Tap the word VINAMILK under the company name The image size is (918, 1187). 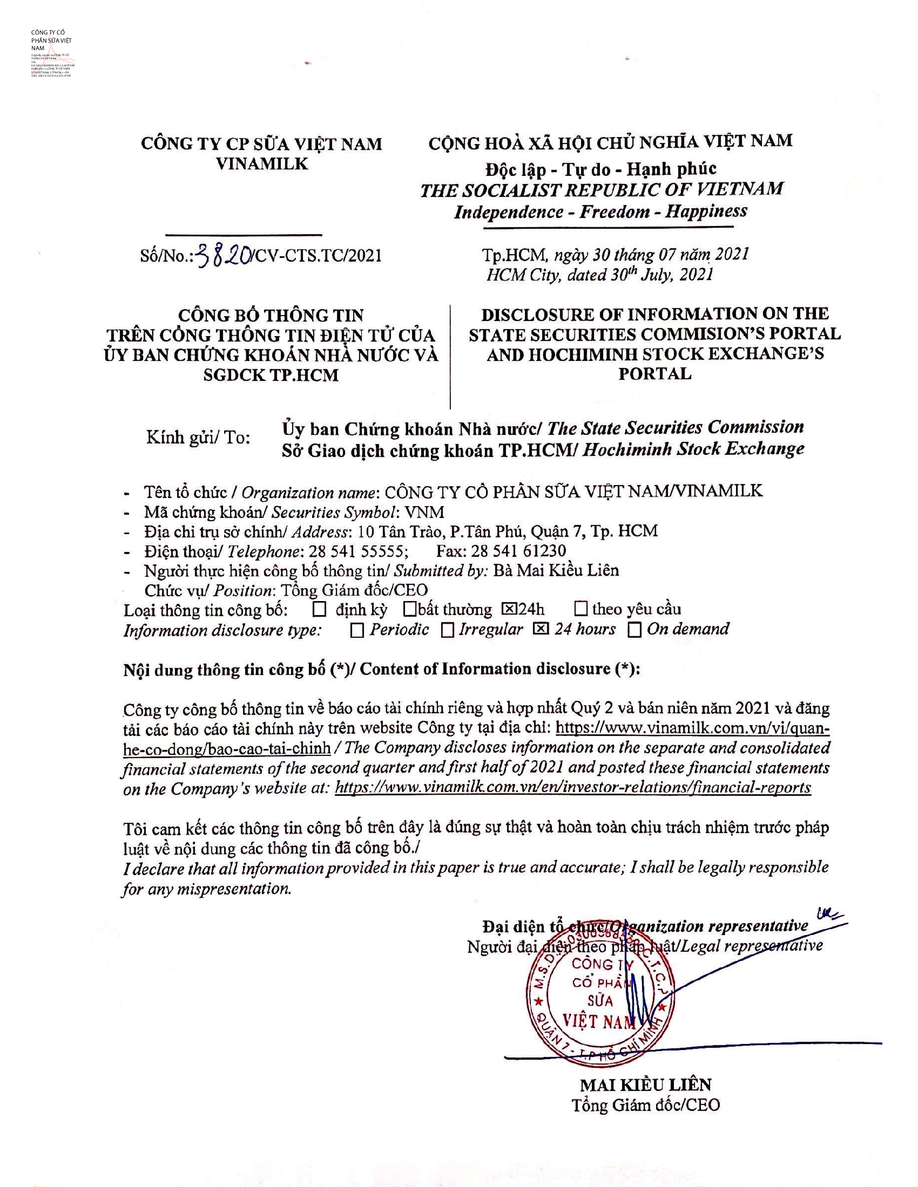pyautogui.click(x=262, y=163)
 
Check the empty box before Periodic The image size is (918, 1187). pyautogui.click(x=357, y=630)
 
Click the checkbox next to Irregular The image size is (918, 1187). pyautogui.click(x=448, y=630)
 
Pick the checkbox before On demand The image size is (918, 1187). pyautogui.click(x=634, y=629)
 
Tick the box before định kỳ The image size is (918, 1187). pyautogui.click(x=320, y=609)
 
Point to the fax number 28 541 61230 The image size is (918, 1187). pyautogui.click(x=518, y=550)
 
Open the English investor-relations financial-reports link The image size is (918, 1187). pyautogui.click(x=572, y=788)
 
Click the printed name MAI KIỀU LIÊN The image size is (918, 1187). pyautogui.click(x=645, y=1085)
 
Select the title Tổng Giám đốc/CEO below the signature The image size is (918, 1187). pyautogui.click(x=645, y=1105)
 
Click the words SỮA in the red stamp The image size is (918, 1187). pyautogui.click(x=599, y=1000)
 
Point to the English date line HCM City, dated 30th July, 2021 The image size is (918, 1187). pyautogui.click(x=599, y=275)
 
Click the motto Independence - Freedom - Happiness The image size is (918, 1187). pyautogui.click(x=600, y=212)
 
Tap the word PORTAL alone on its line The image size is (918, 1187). pyautogui.click(x=655, y=374)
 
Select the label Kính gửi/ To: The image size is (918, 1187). pyautogui.click(x=198, y=438)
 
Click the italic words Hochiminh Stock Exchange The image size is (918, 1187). pyautogui.click(x=693, y=449)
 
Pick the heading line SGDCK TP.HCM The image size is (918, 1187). pyautogui.click(x=271, y=375)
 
